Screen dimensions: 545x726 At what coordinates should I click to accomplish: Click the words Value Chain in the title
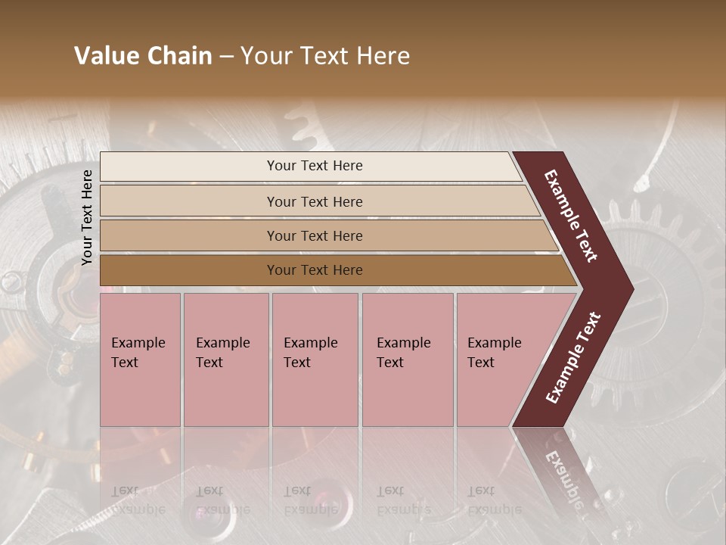coord(143,56)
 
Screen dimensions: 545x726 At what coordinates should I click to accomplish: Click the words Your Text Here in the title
coord(325,56)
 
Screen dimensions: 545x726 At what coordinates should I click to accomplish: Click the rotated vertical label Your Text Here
coord(87,218)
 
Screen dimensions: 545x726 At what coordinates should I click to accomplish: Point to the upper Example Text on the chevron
coord(571,216)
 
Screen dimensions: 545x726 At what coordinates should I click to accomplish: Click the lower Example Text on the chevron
coord(572,358)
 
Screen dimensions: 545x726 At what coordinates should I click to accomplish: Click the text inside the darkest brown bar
coord(315,270)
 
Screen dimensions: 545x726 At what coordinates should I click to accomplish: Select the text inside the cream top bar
coord(315,166)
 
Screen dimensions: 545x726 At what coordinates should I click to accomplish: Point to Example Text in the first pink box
coord(138,352)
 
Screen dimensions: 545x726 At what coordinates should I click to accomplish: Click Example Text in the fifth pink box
coord(494,352)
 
